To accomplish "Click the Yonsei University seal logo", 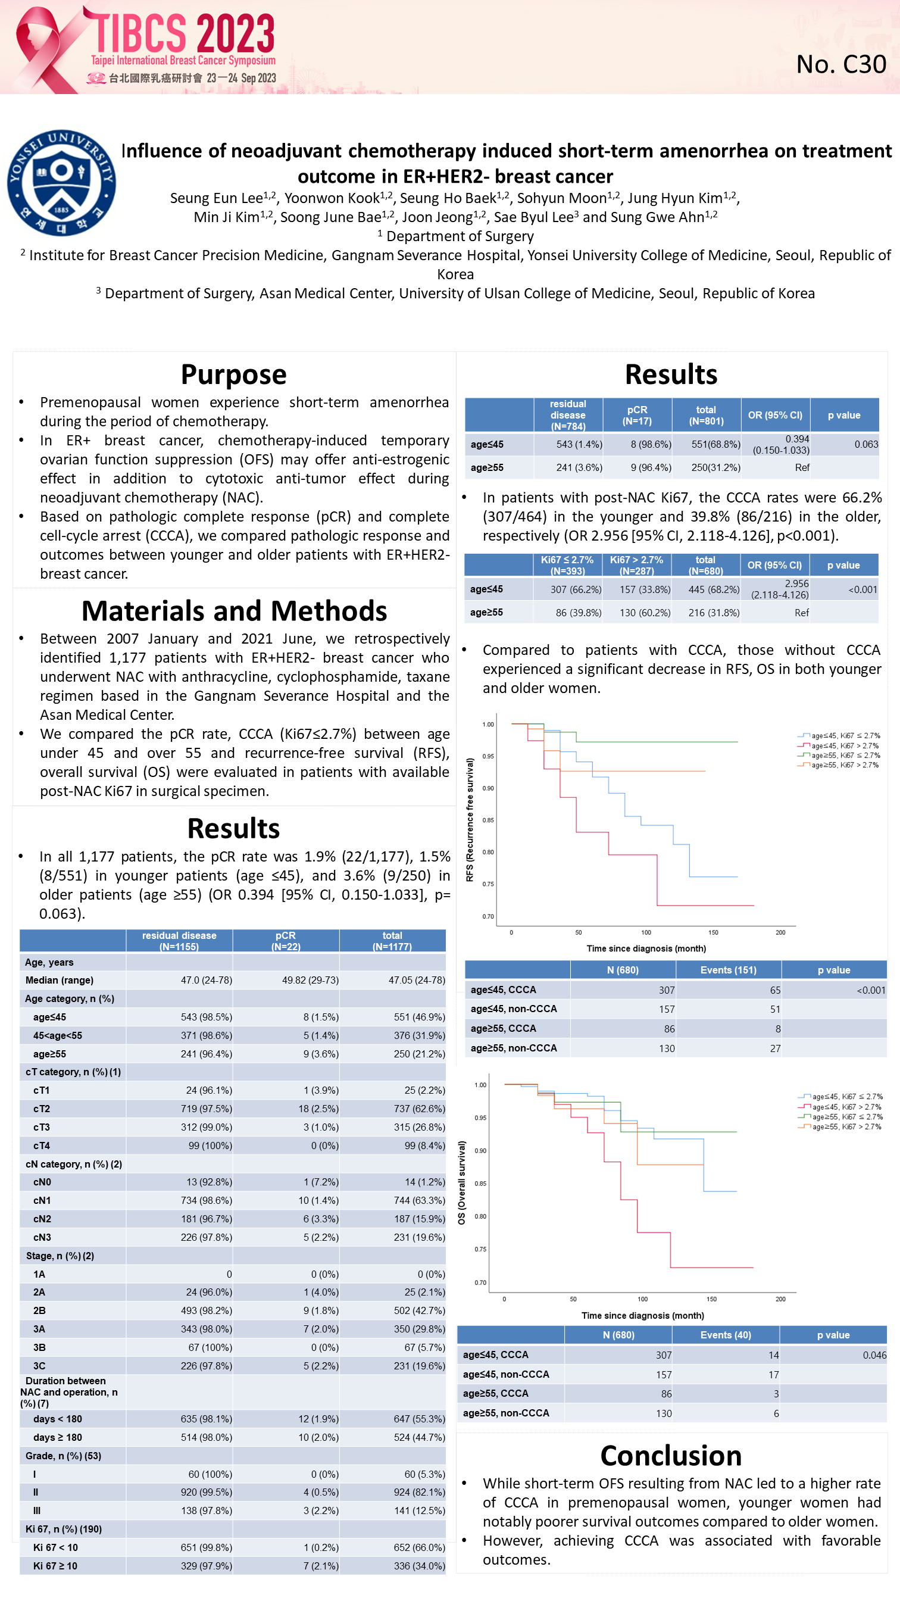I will (61, 182).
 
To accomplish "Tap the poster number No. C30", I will (840, 64).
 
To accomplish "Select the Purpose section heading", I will (234, 374).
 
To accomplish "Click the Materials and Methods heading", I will (234, 611).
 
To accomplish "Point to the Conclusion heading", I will (670, 1456).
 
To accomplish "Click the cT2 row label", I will (42, 1109).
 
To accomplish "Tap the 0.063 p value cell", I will (866, 444).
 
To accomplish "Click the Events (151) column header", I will (728, 970).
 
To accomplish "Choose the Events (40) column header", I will (725, 1335).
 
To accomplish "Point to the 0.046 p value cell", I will (874, 1356).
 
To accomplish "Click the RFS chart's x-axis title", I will (646, 948).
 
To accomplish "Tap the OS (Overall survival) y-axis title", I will (461, 1183).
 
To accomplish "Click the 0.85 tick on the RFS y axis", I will (488, 820).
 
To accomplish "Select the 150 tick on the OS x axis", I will (711, 1299).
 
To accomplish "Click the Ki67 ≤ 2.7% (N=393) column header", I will (567, 565).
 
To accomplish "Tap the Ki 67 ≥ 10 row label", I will (55, 1566).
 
